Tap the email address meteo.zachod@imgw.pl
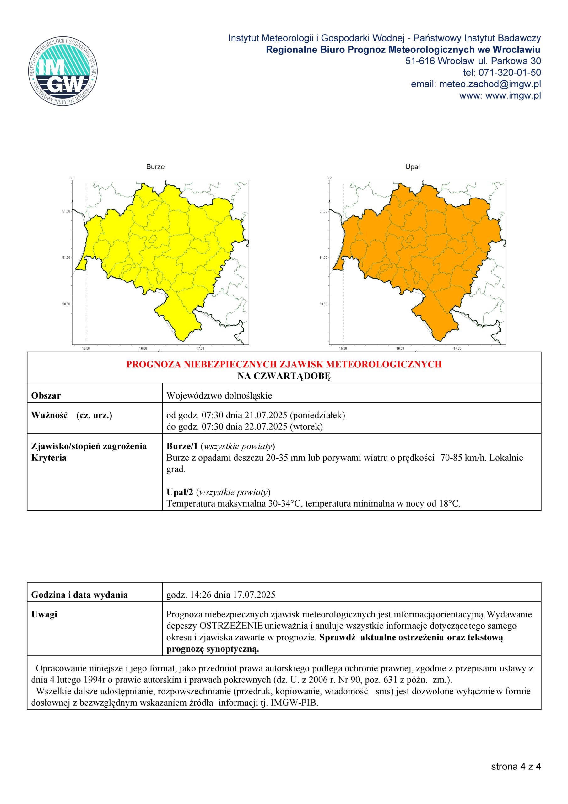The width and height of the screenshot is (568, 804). tap(490, 84)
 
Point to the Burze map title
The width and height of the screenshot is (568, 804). tap(155, 167)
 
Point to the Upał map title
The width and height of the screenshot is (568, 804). tap(412, 167)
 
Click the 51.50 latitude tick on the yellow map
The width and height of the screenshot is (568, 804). tap(66, 211)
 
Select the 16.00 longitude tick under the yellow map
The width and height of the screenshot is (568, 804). tap(143, 348)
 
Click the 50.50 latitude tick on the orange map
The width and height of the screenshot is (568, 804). tap(323, 304)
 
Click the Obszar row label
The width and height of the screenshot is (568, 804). tap(46, 396)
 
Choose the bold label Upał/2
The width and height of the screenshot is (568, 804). tap(180, 492)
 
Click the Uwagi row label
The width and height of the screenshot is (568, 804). tap(44, 614)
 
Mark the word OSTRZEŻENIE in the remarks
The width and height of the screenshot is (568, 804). tap(231, 626)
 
